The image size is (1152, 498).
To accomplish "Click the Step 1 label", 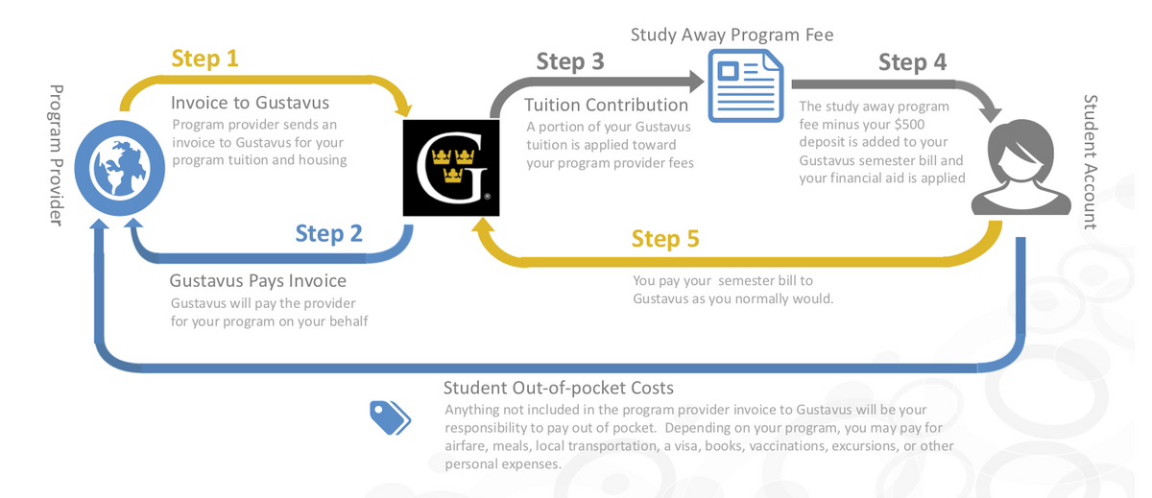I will (204, 59).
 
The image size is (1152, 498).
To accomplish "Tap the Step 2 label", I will (328, 233).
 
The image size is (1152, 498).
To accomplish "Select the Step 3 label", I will (570, 62).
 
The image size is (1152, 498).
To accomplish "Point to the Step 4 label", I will (912, 62).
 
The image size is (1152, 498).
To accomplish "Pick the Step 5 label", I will (665, 238).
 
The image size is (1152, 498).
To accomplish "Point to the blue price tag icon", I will (391, 417).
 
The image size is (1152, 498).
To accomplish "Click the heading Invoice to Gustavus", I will (250, 103).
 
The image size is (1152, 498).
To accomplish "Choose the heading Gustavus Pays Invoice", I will (257, 281).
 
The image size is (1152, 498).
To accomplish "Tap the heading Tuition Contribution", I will (607, 105).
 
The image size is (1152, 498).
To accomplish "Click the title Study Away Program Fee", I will (732, 36).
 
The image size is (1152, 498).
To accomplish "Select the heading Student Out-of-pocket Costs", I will (558, 388).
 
